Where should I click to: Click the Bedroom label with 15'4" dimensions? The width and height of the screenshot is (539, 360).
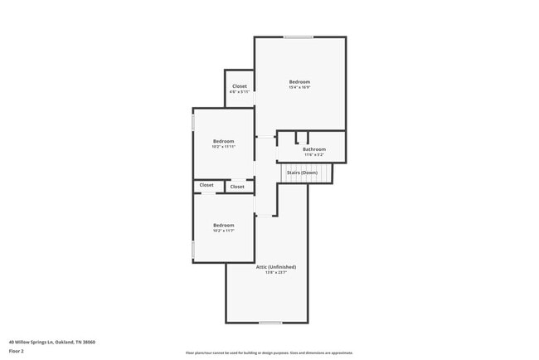point(299,81)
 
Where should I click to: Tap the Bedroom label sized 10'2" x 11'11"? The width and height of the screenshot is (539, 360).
point(223,141)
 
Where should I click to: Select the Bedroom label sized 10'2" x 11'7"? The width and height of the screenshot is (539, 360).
point(223,225)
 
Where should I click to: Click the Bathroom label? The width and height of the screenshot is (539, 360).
point(313,149)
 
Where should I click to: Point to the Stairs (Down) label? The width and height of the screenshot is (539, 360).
point(302,173)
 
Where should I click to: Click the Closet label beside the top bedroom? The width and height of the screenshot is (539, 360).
point(239,86)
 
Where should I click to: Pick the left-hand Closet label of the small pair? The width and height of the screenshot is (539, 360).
point(206,185)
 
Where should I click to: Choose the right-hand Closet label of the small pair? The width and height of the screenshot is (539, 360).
point(237,187)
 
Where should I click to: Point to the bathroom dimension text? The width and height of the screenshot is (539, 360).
point(313,154)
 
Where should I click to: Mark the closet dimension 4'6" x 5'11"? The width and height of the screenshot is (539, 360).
point(239,92)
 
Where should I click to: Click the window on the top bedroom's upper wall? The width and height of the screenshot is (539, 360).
point(299,37)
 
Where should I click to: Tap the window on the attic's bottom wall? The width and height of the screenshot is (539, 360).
point(270,322)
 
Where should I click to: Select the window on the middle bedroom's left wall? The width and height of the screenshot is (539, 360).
point(193,122)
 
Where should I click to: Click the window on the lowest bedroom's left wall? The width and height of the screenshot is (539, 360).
point(193,249)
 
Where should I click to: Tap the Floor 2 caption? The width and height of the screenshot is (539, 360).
point(17,351)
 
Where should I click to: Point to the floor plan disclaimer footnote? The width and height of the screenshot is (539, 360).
point(269,353)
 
